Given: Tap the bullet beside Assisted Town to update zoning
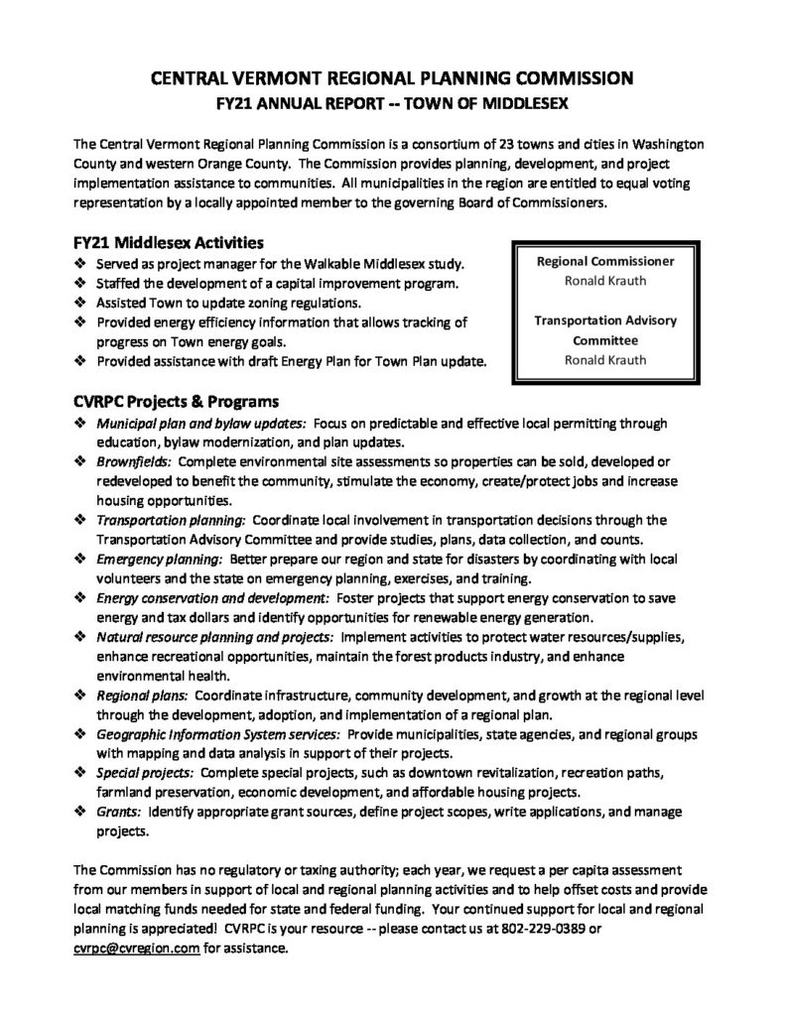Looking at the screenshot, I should click(x=79, y=303).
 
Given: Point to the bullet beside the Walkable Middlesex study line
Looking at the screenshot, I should click(x=79, y=265).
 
